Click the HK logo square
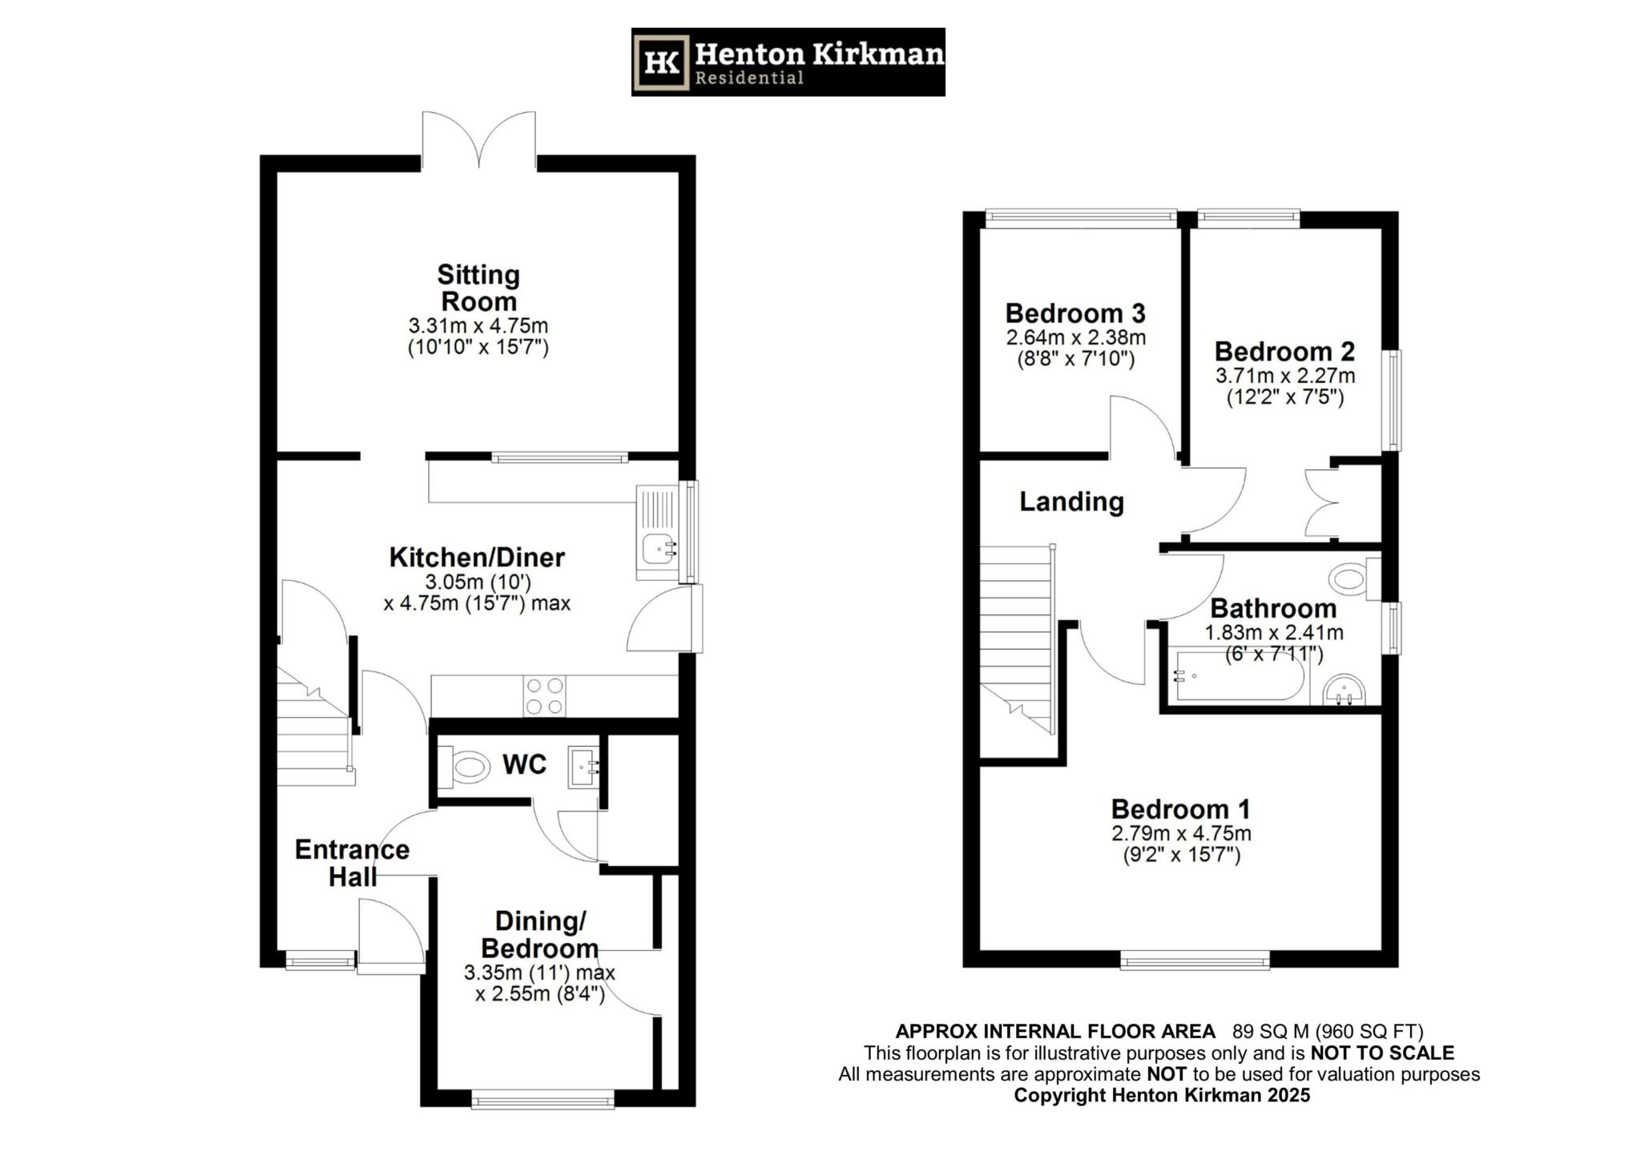pos(662,62)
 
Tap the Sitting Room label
pos(478,288)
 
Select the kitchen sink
pos(659,548)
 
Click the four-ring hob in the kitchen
pos(544,695)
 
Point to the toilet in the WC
pos(470,767)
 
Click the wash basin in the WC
pos(583,767)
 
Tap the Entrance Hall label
pos(352,863)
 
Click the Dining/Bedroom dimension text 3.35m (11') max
pos(539,973)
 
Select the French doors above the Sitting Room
pos(479,140)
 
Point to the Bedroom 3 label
pos(1075,312)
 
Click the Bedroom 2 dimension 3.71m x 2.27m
pos(1284,376)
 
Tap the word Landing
pos(1071,502)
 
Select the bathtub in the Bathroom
pos(1238,678)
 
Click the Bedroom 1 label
pos(1180,809)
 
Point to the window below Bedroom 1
pos(1195,959)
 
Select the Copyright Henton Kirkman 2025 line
pos(1162,1095)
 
